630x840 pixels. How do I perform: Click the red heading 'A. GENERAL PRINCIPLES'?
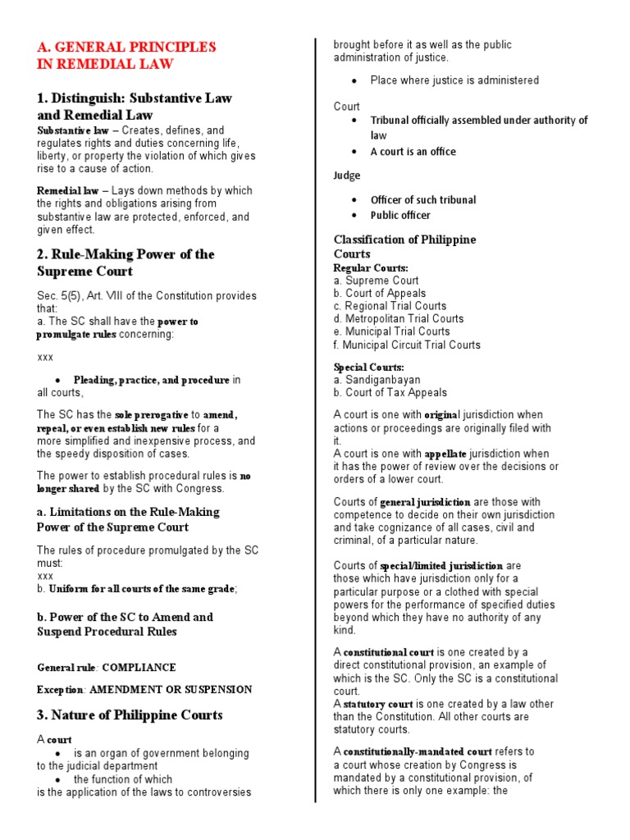[x=126, y=47]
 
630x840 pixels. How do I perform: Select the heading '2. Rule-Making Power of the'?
[x=126, y=254]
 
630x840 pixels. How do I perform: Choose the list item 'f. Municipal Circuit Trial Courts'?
[x=407, y=345]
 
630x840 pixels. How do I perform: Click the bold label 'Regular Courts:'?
[x=371, y=267]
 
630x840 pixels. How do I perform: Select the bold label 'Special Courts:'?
[x=368, y=367]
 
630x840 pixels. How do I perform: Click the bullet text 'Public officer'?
[x=400, y=215]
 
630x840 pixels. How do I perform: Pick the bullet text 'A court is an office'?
[x=413, y=152]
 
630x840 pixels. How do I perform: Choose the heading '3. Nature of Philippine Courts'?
[x=130, y=715]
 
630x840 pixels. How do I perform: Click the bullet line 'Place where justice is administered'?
[x=454, y=80]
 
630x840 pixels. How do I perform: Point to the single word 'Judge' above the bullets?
[x=347, y=175]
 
